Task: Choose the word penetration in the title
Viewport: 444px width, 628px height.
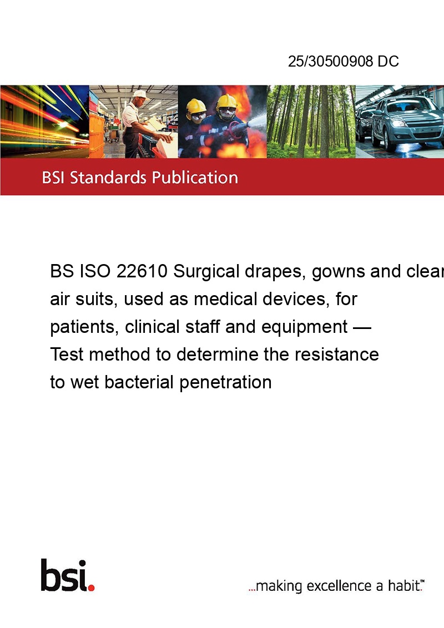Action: click(x=225, y=383)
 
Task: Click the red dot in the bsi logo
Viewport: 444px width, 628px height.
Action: click(x=91, y=588)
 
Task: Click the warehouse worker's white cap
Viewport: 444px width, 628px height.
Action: click(x=140, y=94)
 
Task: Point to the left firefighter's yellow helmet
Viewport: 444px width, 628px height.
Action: click(x=195, y=107)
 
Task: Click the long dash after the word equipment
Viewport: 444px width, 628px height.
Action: click(x=362, y=328)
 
